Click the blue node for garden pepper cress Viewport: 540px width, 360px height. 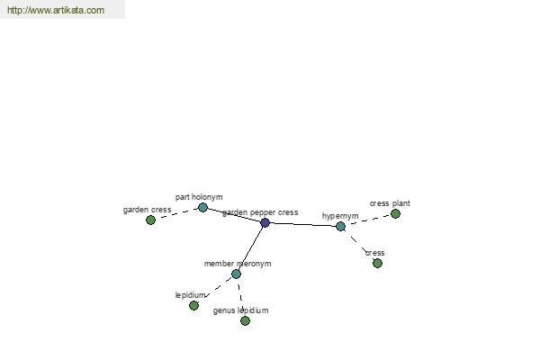(x=265, y=222)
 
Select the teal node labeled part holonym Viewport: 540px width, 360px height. (x=202, y=207)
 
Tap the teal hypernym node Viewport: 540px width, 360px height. (x=340, y=226)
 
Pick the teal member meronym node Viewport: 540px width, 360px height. (x=236, y=274)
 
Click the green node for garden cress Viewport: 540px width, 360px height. (x=150, y=220)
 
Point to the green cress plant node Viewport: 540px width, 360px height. (x=395, y=213)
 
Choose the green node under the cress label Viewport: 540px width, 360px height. (x=377, y=263)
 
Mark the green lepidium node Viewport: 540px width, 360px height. (x=193, y=305)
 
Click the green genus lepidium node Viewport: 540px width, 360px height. (x=245, y=320)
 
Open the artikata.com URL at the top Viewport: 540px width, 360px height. (x=56, y=10)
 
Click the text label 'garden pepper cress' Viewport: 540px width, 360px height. (x=260, y=212)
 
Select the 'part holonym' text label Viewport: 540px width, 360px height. (x=199, y=197)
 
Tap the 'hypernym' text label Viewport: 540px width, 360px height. (x=340, y=216)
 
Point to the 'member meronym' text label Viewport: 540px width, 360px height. (x=238, y=264)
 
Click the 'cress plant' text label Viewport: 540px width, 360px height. (x=390, y=203)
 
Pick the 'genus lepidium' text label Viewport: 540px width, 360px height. (x=240, y=310)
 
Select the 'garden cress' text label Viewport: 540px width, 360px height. (x=147, y=210)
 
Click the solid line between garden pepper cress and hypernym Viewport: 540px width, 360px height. (x=302, y=225)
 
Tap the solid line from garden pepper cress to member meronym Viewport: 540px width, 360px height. (x=250, y=248)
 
